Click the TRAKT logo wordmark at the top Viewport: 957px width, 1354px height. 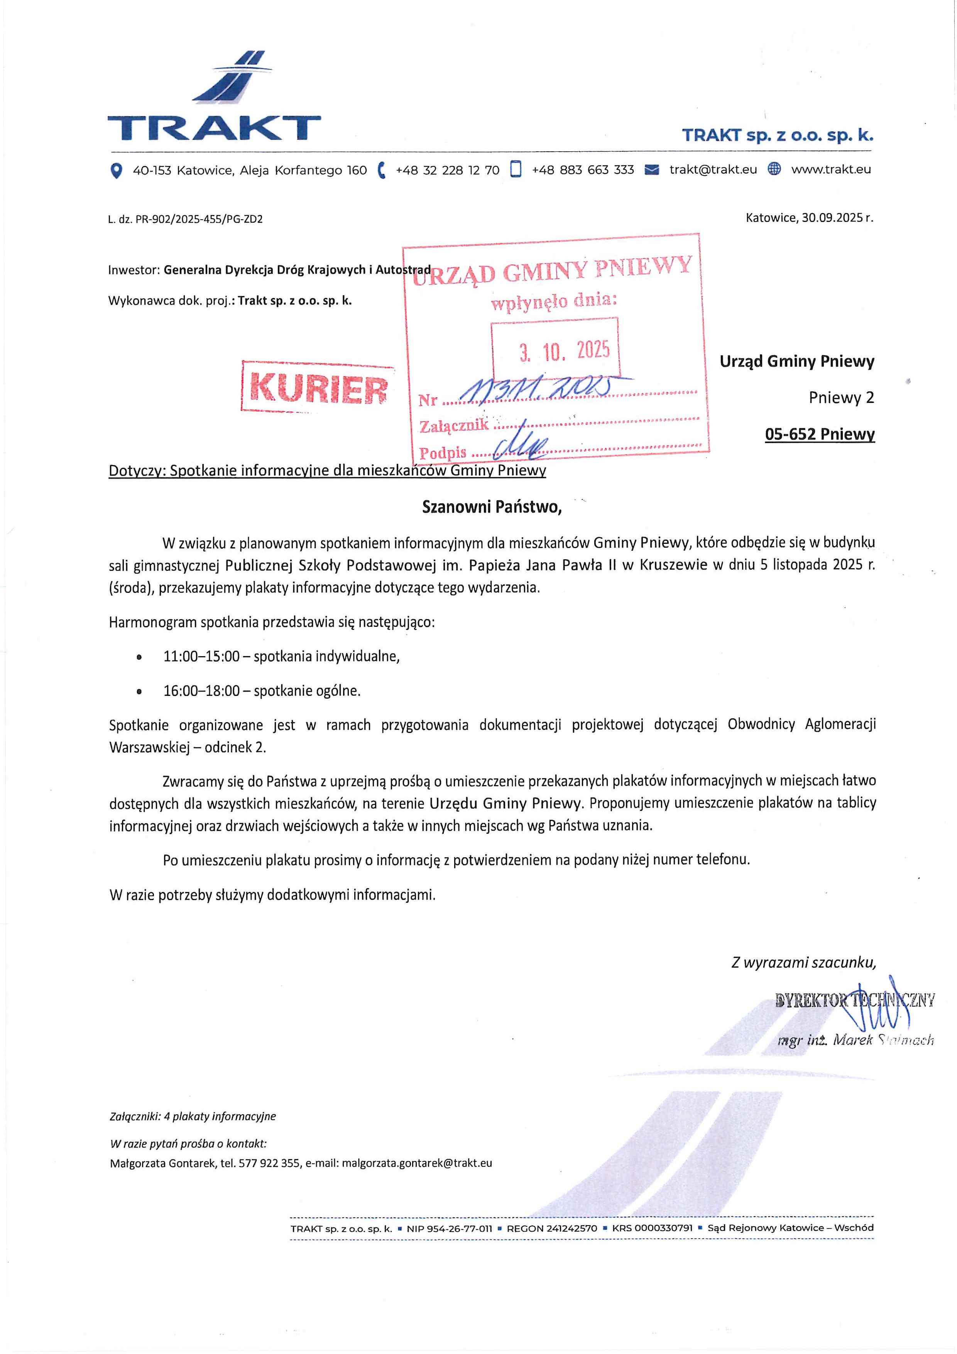point(213,127)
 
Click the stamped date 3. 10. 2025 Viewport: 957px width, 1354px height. point(564,351)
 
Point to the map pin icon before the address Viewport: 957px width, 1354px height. point(117,171)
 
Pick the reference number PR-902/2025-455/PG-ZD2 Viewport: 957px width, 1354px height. point(199,219)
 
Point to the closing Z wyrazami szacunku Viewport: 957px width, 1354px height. point(803,962)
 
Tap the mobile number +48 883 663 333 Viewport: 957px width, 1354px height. point(583,170)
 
